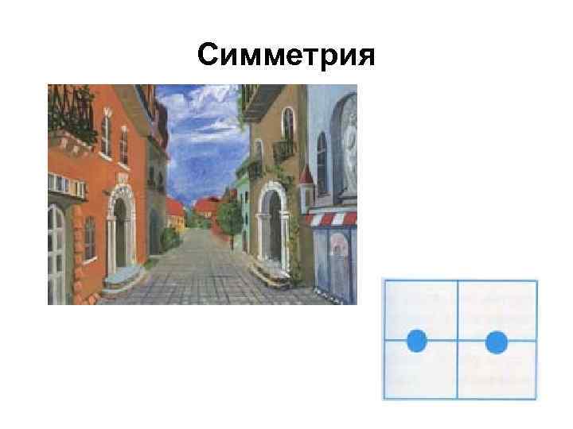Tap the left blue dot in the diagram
(x=416, y=342)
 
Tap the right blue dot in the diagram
(x=497, y=342)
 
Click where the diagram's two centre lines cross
(x=457, y=341)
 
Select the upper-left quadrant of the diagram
(x=420, y=310)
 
